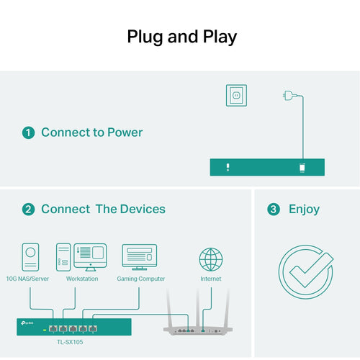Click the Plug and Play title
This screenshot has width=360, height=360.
181,37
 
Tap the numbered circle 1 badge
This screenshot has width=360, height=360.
28,132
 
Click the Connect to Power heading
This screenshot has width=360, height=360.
91,132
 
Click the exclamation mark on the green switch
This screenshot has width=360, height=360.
228,167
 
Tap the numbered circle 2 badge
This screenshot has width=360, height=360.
28,210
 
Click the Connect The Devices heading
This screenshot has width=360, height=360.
103,210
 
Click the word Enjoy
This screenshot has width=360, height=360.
304,210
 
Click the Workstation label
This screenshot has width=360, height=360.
81,279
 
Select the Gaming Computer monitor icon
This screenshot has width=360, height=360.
139,256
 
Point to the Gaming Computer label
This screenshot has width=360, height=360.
140,279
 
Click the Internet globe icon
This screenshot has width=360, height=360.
211,259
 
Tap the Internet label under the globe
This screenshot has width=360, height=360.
211,279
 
